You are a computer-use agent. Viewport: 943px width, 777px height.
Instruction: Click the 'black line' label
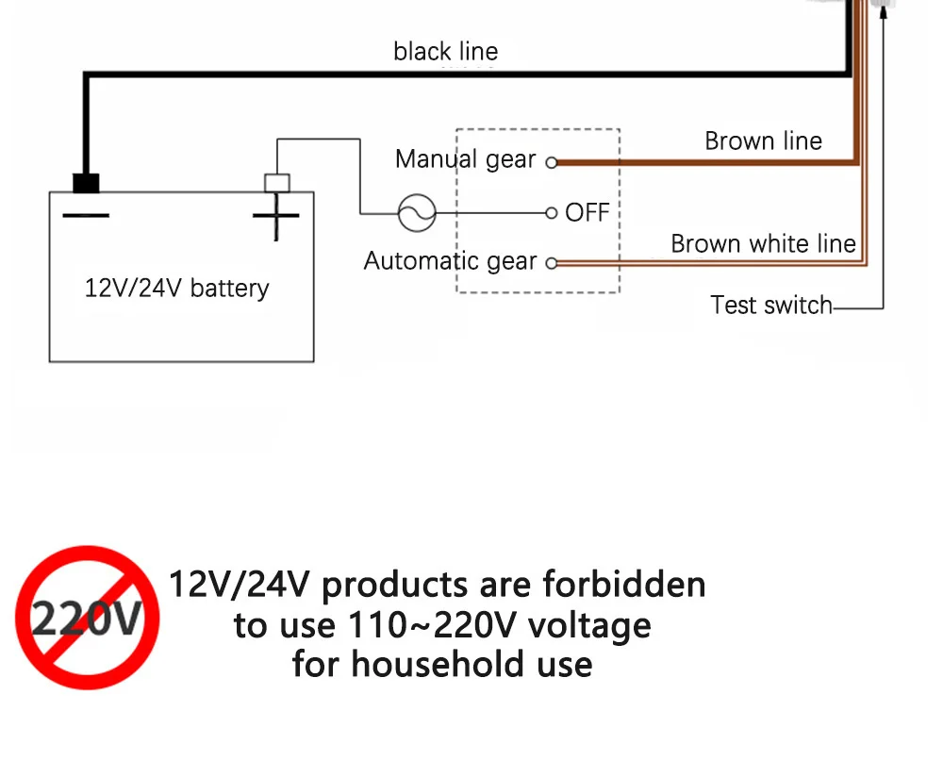click(445, 51)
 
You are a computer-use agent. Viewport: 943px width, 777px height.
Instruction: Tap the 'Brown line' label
click(763, 141)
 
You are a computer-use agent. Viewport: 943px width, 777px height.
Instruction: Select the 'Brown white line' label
click(763, 244)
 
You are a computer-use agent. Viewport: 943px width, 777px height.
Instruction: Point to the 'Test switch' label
click(771, 306)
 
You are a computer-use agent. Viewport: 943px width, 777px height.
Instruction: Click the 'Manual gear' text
click(465, 159)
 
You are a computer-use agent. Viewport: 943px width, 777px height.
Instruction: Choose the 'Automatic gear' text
click(450, 261)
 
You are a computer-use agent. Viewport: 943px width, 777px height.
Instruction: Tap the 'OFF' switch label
click(587, 213)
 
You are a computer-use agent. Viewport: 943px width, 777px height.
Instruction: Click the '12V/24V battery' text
click(177, 289)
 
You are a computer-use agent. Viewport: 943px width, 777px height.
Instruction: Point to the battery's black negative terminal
click(86, 182)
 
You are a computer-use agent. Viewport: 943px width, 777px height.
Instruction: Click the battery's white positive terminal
click(277, 182)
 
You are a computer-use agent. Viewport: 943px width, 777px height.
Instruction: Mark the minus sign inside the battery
click(86, 217)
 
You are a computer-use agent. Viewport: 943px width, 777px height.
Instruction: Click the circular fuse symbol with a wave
click(416, 213)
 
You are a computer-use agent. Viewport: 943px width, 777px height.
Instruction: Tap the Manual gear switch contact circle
click(552, 162)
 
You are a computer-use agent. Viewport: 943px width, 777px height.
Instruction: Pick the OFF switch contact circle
click(552, 213)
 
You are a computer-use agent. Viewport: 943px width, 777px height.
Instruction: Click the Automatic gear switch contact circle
click(552, 263)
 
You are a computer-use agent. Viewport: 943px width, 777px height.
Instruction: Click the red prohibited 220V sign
click(87, 618)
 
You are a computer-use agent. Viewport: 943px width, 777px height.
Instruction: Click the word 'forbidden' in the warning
click(624, 585)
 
